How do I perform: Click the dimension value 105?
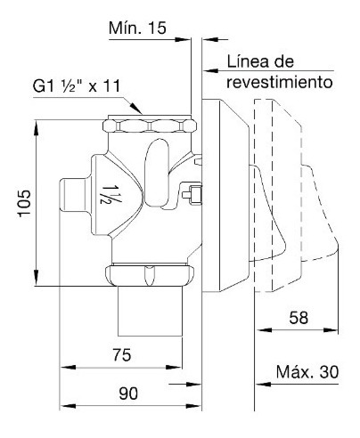[24, 203]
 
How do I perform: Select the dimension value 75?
[122, 354]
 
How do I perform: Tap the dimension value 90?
[128, 393]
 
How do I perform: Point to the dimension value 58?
[299, 318]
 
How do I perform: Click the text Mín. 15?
[137, 28]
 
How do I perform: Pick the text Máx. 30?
[307, 372]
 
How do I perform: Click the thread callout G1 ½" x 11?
[77, 86]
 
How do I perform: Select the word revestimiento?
[280, 82]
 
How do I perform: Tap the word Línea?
[248, 61]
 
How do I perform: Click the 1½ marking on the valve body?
[108, 195]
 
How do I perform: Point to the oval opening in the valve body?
[157, 173]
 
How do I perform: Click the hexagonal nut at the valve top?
[150, 126]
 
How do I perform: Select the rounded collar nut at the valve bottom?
[150, 275]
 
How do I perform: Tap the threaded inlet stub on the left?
[73, 194]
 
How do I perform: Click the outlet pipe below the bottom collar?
[150, 311]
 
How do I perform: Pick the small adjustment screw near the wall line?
[192, 194]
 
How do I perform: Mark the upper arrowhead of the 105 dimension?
[37, 127]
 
